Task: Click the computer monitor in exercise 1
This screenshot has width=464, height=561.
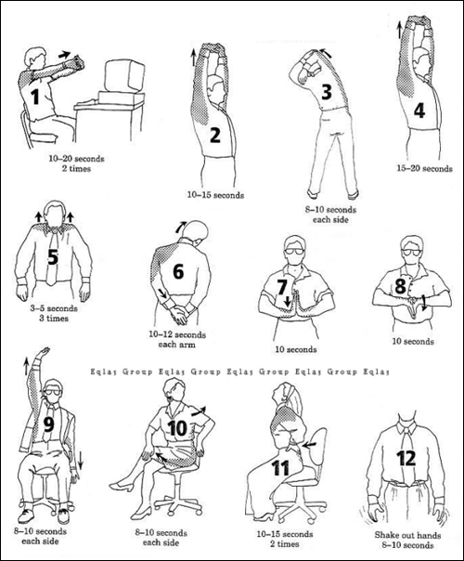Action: pyautogui.click(x=124, y=76)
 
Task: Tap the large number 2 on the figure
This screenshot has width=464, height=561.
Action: pyautogui.click(x=215, y=135)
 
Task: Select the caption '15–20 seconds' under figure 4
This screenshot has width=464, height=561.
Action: pyautogui.click(x=425, y=168)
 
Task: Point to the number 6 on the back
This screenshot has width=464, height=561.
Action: pyautogui.click(x=178, y=271)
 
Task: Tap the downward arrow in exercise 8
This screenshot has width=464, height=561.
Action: pyautogui.click(x=423, y=304)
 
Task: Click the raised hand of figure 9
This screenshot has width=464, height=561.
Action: pyautogui.click(x=43, y=352)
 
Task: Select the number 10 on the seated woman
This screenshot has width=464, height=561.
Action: pyautogui.click(x=177, y=428)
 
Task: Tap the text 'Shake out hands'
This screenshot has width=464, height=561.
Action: pyautogui.click(x=407, y=535)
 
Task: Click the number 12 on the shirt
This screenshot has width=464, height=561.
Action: pyautogui.click(x=406, y=458)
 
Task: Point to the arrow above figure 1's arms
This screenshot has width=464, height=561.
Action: pyautogui.click(x=64, y=55)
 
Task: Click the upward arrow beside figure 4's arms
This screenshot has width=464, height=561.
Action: pyautogui.click(x=399, y=30)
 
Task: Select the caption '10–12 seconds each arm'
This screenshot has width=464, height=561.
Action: pyautogui.click(x=177, y=340)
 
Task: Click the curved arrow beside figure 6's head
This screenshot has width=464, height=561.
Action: pyautogui.click(x=181, y=227)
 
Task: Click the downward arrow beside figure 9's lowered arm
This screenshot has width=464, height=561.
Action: pyautogui.click(x=81, y=460)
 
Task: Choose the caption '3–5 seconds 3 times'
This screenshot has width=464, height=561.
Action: pyautogui.click(x=54, y=313)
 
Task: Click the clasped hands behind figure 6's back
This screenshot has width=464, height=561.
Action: pyautogui.click(x=180, y=313)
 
